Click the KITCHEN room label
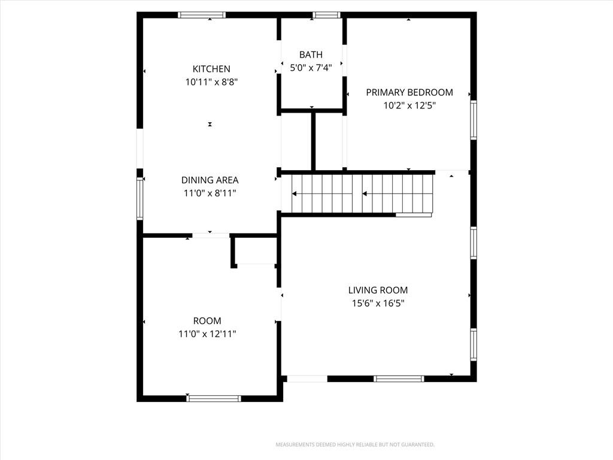[211, 69]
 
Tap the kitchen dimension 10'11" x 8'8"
[211, 82]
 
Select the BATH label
[311, 55]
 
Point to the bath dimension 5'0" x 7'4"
[311, 68]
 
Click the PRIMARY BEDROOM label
[409, 92]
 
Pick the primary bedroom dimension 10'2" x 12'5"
[409, 105]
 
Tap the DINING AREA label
[210, 180]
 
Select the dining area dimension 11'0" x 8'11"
[210, 193]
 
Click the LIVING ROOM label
[378, 290]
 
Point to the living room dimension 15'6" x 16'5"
[378, 304]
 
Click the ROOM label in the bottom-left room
[207, 321]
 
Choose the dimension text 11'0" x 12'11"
[207, 334]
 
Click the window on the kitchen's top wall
[202, 15]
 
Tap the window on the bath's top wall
[326, 15]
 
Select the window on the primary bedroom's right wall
[474, 120]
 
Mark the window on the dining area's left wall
[140, 198]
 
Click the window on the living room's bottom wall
[399, 379]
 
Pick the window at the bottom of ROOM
[214, 398]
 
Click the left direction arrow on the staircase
[322, 194]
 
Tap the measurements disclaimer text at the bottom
[355, 445]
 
